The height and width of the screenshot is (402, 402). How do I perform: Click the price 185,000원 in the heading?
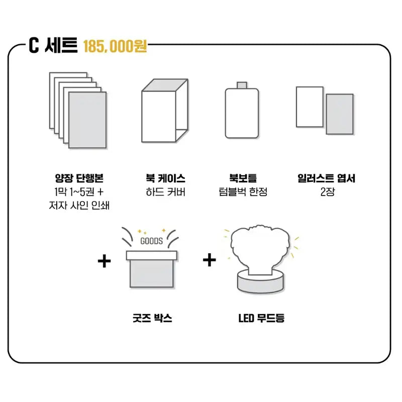[x=115, y=46]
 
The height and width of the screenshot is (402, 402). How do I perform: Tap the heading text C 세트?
[x=53, y=45]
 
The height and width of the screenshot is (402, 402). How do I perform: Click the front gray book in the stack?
[x=87, y=120]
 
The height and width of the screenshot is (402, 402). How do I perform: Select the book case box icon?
[x=165, y=111]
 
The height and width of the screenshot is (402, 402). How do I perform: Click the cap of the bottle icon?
[x=242, y=85]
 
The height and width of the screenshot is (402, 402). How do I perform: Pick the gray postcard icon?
[x=340, y=114]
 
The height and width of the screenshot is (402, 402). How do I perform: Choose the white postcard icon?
[x=310, y=107]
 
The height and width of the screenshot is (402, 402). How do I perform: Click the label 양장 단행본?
[x=79, y=178]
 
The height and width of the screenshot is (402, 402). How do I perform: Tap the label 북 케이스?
[x=166, y=178]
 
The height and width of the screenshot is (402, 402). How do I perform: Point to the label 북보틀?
[x=243, y=178]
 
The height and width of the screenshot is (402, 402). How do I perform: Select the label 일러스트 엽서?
[x=326, y=178]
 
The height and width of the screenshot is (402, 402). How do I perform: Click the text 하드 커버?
[x=166, y=192]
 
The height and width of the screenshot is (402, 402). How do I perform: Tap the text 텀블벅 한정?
[x=243, y=192]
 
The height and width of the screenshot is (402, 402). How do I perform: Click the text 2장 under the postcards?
[x=328, y=192]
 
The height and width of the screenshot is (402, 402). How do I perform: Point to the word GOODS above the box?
[x=152, y=241]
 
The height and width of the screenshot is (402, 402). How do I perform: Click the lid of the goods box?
[x=152, y=256]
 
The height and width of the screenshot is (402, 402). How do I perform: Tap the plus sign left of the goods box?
[x=105, y=261]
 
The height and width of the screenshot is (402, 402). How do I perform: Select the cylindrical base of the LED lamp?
[x=261, y=281]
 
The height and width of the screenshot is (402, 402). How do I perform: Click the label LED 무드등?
[x=261, y=318]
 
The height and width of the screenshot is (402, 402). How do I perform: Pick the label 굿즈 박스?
[x=152, y=318]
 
